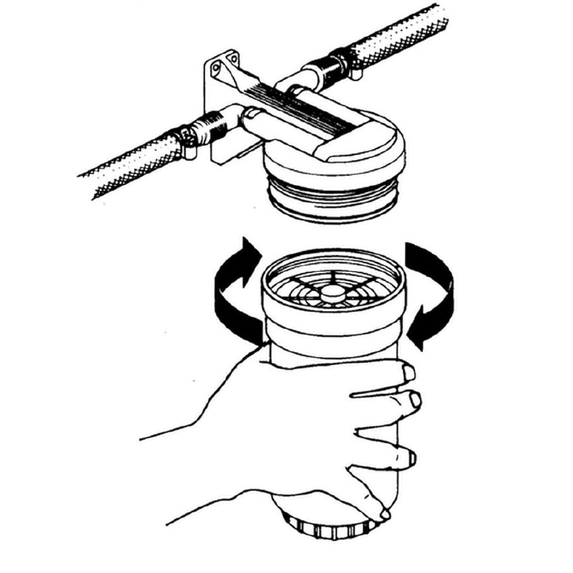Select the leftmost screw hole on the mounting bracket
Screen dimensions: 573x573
click(x=216, y=68)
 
